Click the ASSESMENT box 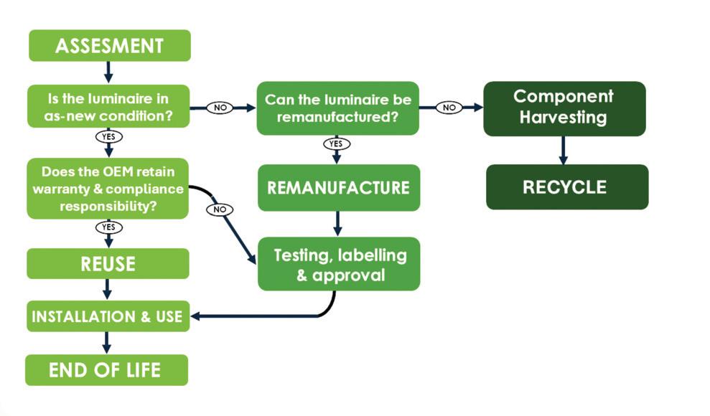(x=109, y=46)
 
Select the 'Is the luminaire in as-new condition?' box (x=108, y=106)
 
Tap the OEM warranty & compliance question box (x=108, y=188)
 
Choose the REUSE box (x=108, y=263)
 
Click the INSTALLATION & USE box (x=108, y=316)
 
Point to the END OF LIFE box (x=106, y=370)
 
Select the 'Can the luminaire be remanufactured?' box (x=337, y=108)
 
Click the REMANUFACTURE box (x=338, y=188)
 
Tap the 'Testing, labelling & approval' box (x=339, y=264)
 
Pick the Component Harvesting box (x=564, y=108)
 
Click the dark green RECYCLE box (x=566, y=187)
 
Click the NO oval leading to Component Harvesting (x=449, y=108)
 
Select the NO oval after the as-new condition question (x=221, y=108)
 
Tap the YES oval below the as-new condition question (x=108, y=136)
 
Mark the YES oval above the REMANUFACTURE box (x=335, y=143)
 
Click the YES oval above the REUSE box (x=108, y=227)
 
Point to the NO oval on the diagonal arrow (x=220, y=209)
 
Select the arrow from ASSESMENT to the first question (x=108, y=72)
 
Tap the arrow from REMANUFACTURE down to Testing (x=337, y=223)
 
